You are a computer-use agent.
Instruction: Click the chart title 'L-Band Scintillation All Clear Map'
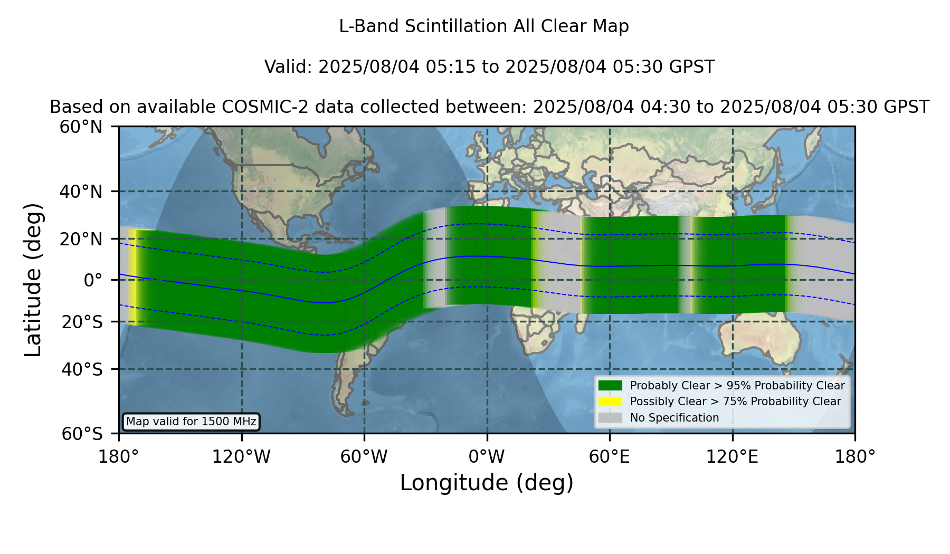pyautogui.click(x=484, y=26)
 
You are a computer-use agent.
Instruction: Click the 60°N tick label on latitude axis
pyautogui.click(x=81, y=127)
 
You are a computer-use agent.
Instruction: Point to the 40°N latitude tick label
pyautogui.click(x=81, y=192)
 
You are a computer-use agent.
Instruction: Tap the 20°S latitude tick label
pyautogui.click(x=82, y=322)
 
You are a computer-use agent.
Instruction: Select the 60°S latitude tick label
pyautogui.click(x=82, y=434)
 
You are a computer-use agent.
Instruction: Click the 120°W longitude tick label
pyautogui.click(x=242, y=457)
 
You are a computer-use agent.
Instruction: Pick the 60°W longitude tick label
pyautogui.click(x=364, y=457)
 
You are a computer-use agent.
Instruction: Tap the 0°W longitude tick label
pyautogui.click(x=487, y=457)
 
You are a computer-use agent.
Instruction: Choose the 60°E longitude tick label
pyautogui.click(x=610, y=457)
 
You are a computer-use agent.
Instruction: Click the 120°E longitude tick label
pyautogui.click(x=733, y=457)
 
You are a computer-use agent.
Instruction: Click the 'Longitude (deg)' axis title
pyautogui.click(x=487, y=483)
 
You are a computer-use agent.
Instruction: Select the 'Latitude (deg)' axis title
pyautogui.click(x=33, y=280)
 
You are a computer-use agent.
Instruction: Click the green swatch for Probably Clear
pyautogui.click(x=610, y=386)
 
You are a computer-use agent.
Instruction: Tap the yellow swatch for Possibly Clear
pyautogui.click(x=610, y=402)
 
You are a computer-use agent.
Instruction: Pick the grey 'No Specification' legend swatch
pyautogui.click(x=610, y=418)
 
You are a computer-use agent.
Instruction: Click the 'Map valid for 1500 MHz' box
pyautogui.click(x=191, y=422)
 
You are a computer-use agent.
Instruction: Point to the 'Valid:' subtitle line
pyautogui.click(x=489, y=67)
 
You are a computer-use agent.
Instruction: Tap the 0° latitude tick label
pyautogui.click(x=93, y=280)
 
